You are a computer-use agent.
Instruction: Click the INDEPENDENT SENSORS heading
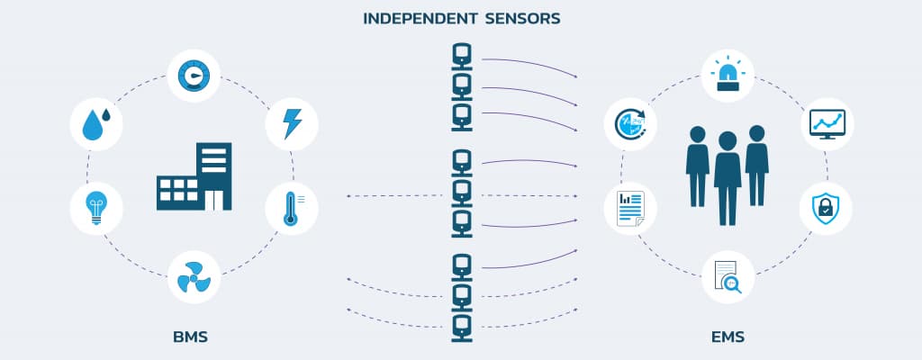point(460,18)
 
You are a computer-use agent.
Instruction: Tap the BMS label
point(190,338)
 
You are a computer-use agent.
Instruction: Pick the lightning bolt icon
point(292,124)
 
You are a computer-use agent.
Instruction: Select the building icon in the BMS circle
point(193,176)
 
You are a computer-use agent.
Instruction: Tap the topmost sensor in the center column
point(461,58)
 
